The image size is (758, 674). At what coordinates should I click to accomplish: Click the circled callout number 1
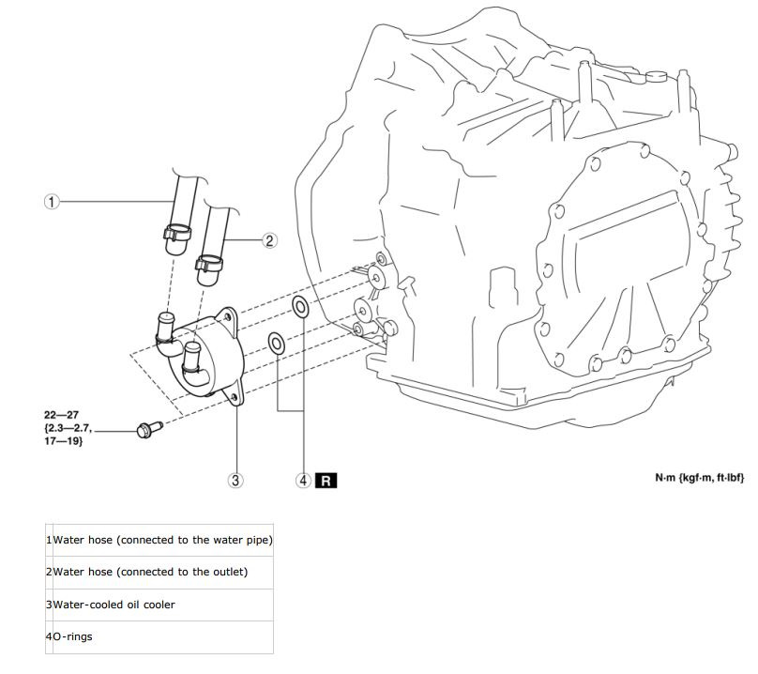(52, 201)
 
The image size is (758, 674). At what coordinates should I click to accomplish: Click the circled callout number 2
(268, 240)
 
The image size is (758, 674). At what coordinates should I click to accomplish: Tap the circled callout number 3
(236, 480)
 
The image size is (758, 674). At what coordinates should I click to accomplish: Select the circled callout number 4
(303, 480)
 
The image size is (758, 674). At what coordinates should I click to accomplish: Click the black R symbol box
(326, 480)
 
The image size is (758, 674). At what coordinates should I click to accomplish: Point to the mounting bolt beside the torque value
(146, 430)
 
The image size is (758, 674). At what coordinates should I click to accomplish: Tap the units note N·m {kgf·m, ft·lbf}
(699, 477)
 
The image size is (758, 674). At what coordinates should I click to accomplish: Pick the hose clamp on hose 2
(209, 262)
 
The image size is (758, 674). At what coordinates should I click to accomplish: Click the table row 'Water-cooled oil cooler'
(114, 605)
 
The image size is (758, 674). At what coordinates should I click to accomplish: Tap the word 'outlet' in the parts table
(230, 572)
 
